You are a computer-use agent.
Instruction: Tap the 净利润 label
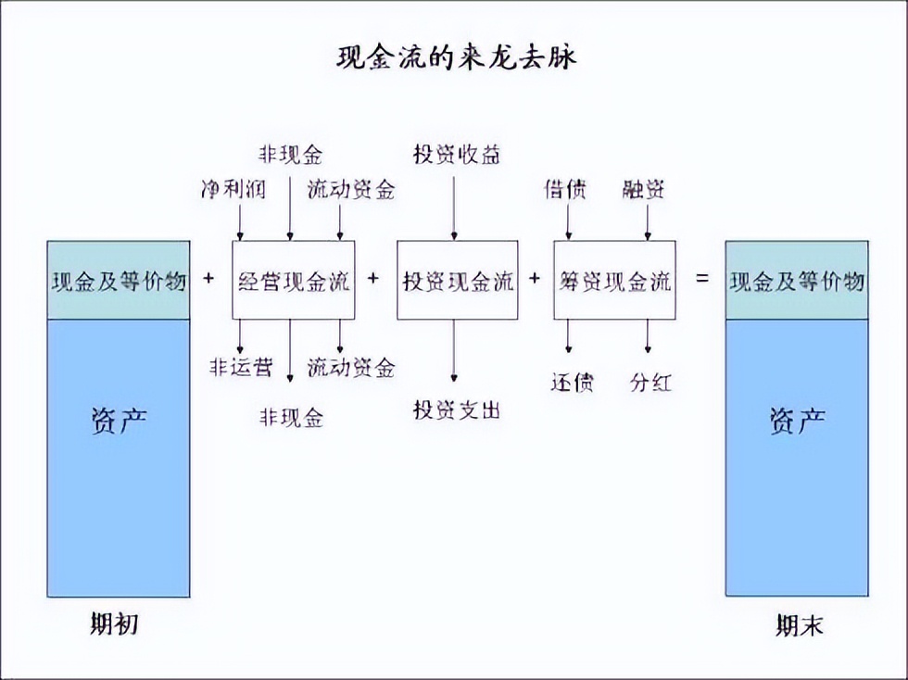click(233, 190)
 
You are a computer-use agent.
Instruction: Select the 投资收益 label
click(457, 155)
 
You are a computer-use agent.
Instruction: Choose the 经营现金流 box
click(293, 280)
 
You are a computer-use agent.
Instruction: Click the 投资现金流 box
click(457, 280)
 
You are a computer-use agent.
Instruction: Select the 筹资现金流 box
click(614, 280)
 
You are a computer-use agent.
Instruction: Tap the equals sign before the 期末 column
click(701, 278)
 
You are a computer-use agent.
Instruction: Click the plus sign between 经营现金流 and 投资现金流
click(373, 278)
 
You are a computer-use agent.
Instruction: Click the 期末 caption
click(799, 626)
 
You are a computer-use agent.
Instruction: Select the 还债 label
click(572, 382)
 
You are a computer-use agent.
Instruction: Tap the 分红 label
click(649, 382)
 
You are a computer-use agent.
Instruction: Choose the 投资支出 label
click(457, 409)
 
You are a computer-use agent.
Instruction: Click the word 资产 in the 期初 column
click(119, 422)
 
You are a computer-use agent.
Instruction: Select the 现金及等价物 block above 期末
click(797, 280)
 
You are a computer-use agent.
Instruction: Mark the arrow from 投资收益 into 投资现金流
click(454, 208)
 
